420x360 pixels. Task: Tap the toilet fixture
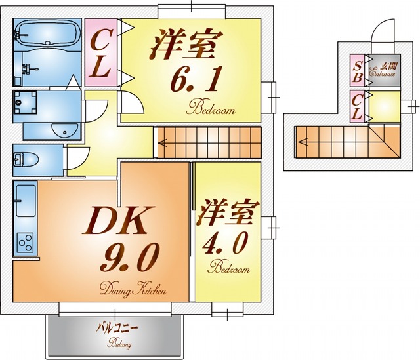click(x=26, y=159)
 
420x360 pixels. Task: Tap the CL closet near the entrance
click(x=358, y=107)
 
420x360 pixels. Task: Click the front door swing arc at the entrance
click(x=383, y=33)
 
